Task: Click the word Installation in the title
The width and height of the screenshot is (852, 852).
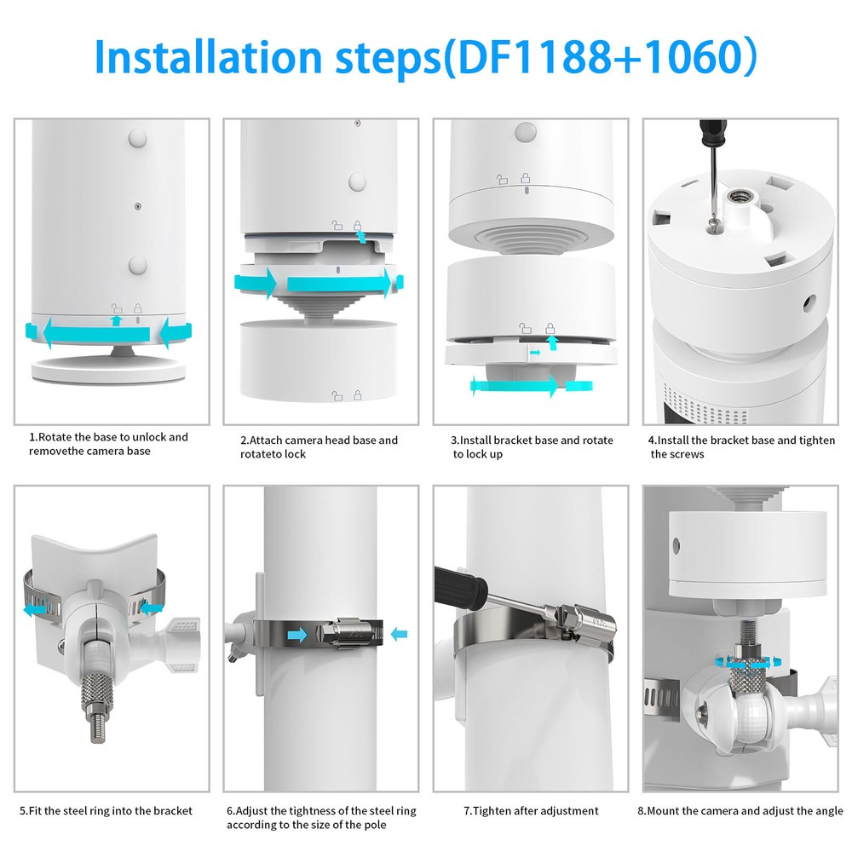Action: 208,57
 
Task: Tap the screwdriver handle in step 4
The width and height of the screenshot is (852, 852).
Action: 712,133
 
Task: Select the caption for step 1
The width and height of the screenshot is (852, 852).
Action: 108,444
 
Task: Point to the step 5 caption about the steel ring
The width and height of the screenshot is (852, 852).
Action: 106,811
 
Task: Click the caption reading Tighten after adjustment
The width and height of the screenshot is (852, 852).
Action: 531,811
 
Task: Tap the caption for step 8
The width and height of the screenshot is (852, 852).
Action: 740,811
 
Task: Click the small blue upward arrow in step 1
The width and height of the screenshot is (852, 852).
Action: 116,320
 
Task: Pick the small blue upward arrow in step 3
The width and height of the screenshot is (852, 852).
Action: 552,343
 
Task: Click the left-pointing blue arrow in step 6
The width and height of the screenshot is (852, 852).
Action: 400,634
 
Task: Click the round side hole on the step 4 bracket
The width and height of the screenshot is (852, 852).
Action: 809,303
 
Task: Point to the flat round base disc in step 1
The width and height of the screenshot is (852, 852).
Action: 109,371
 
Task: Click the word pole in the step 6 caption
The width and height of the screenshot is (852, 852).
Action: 374,825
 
